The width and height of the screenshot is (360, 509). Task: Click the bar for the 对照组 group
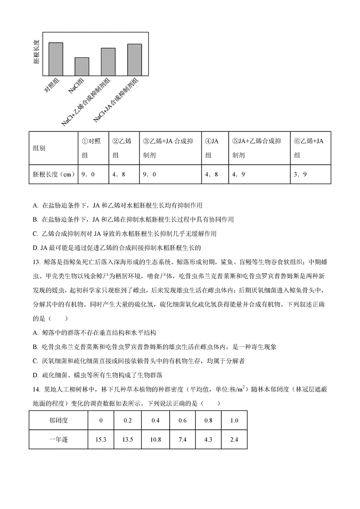[x=55, y=59]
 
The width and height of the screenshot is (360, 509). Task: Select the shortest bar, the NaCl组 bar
[x=82, y=67]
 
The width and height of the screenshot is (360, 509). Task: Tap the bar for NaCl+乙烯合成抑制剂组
[x=108, y=62]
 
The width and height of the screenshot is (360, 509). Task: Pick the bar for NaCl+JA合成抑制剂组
[x=134, y=60]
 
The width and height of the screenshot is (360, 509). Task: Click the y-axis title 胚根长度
[x=36, y=52]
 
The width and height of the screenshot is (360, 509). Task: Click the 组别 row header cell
[x=39, y=148]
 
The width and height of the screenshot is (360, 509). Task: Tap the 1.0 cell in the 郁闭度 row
[x=234, y=420]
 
